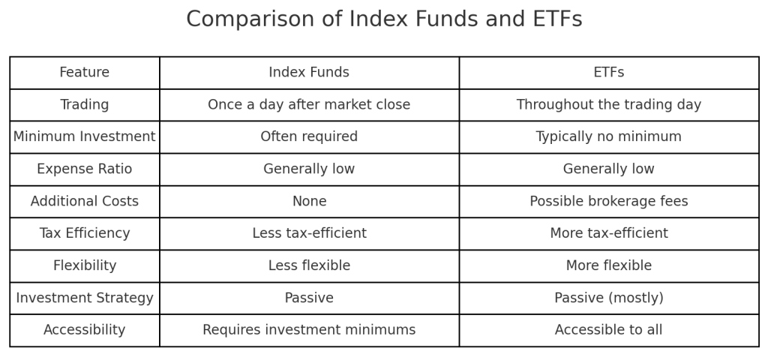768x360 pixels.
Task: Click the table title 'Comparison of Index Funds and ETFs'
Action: pos(384,19)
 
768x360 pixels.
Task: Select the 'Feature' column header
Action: pos(85,73)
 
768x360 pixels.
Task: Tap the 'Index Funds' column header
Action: pos(309,73)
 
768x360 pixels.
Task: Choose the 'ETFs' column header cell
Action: pos(608,73)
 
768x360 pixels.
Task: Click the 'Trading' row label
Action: pos(85,105)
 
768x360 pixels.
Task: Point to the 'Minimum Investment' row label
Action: pos(85,137)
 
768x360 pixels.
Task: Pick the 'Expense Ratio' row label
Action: pos(85,169)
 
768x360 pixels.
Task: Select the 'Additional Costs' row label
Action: pos(85,202)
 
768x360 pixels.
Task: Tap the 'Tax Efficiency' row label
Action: pos(85,234)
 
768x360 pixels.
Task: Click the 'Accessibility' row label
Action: pos(85,330)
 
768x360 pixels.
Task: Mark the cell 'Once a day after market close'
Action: pos(309,105)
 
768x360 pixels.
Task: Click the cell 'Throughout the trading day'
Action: pos(608,105)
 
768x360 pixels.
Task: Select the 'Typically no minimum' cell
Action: pos(608,137)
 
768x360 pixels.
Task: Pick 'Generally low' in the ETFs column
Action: pos(608,169)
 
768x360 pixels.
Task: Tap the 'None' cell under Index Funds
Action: pos(309,202)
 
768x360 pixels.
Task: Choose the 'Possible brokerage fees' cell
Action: pos(608,202)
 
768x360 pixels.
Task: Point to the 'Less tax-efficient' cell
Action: pos(309,234)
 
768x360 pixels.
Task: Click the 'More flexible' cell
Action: pos(608,266)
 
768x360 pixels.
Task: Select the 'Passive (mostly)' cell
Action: pos(608,298)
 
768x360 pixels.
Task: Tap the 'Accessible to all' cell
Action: pos(608,330)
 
